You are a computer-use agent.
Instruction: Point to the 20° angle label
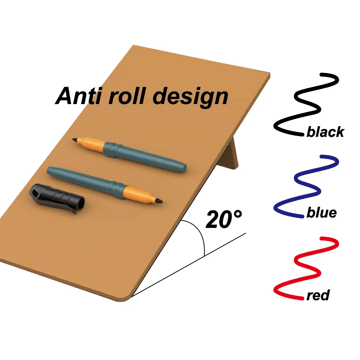tap(223, 219)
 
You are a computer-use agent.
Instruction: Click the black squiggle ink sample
tap(306, 104)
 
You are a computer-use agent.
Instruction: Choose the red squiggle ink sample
tap(306, 268)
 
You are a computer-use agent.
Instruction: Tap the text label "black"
tap(325, 132)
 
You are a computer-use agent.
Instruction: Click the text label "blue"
tap(321, 213)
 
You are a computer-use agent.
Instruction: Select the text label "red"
tap(318, 296)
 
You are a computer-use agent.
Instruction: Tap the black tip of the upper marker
tap(75, 140)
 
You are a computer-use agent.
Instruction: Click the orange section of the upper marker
tap(92, 143)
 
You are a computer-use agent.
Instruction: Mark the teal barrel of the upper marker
tap(151, 157)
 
